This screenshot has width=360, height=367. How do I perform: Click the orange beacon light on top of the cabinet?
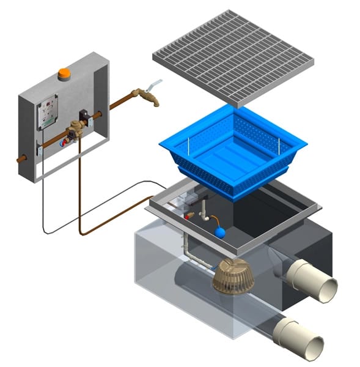coord(64,75)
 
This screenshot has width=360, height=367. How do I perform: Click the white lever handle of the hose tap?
coord(156,84)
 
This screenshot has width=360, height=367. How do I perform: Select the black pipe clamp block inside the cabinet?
coord(84,116)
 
